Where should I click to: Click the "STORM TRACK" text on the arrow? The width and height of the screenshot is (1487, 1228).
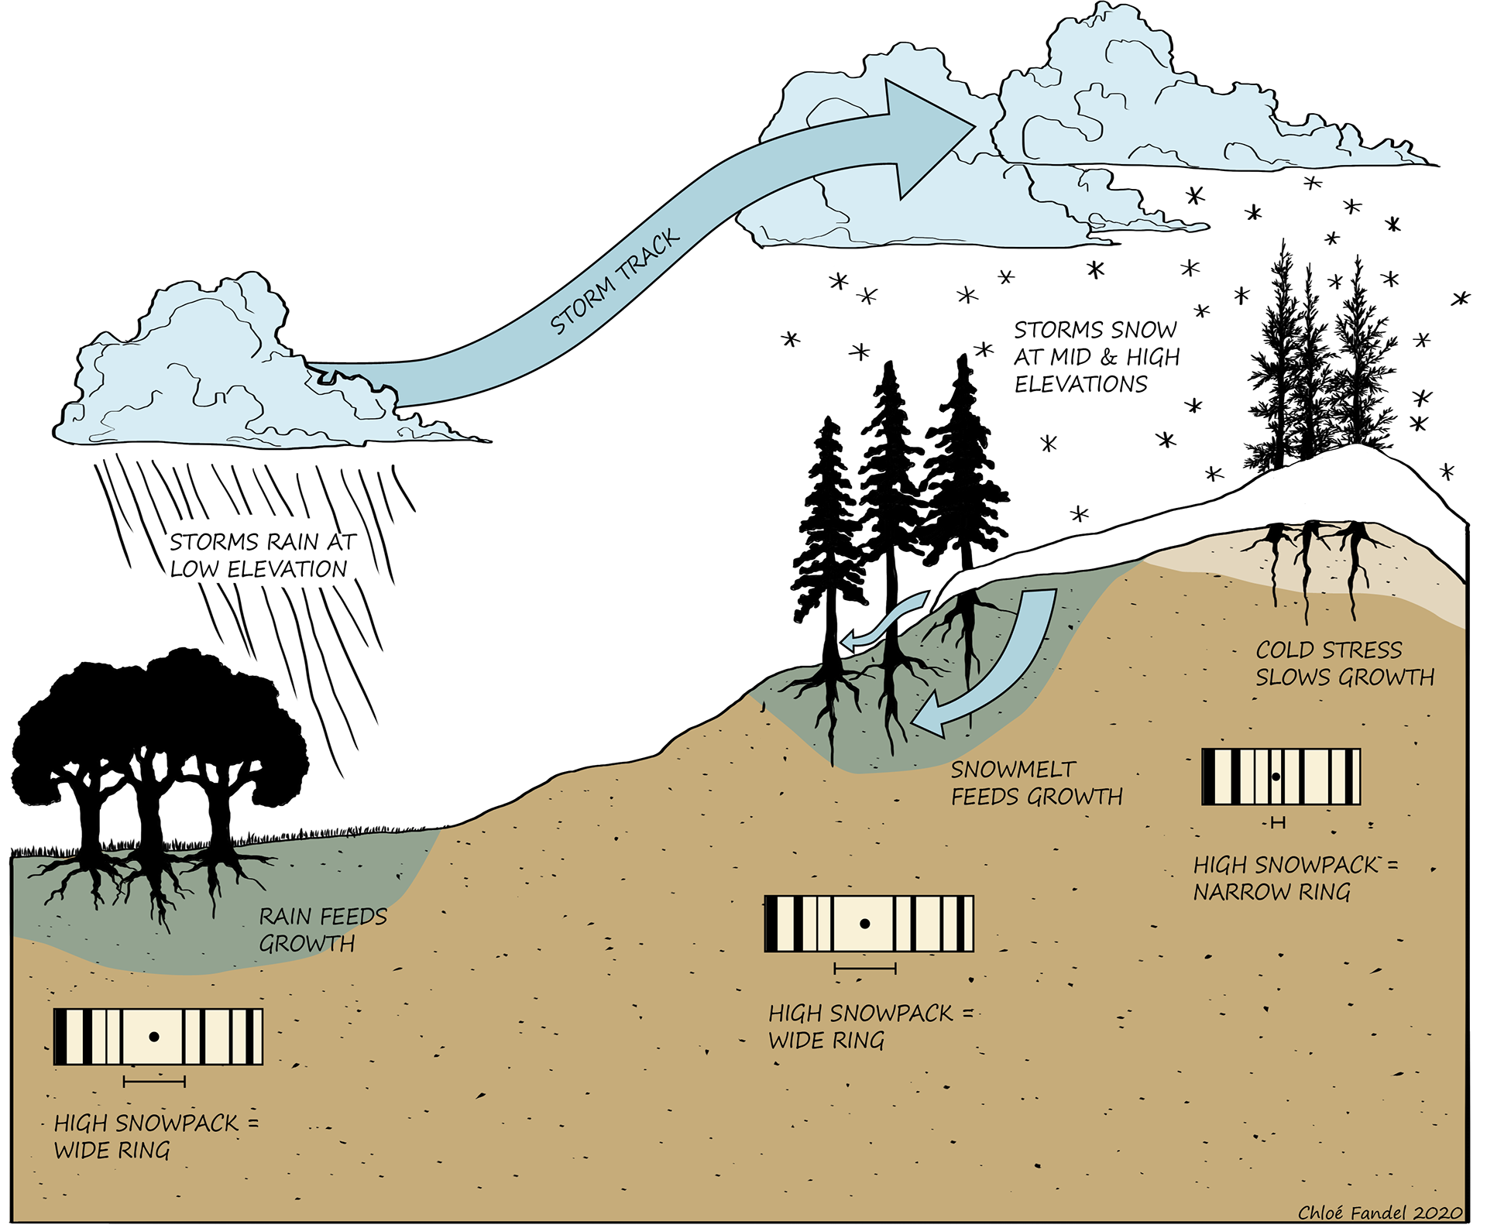615,282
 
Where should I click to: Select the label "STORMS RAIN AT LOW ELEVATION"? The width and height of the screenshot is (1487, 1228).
262,555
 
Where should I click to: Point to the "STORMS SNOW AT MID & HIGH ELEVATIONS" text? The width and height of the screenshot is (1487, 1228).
1096,357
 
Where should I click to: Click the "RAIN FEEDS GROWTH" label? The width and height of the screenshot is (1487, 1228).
321,930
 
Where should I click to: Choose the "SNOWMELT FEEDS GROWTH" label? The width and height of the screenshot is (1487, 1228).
1036,783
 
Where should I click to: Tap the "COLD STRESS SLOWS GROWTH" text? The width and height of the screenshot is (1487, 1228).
1344,664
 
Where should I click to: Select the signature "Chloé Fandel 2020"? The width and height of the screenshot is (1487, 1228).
1379,1213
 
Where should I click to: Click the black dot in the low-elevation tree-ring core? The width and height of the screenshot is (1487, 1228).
154,1037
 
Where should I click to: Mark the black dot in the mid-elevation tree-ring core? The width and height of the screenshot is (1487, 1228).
865,924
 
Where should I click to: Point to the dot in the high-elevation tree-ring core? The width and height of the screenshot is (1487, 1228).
1276,777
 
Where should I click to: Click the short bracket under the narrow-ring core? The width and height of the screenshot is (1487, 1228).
1278,822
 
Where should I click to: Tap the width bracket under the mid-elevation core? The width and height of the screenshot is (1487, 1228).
865,968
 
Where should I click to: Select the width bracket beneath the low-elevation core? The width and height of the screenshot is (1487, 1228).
154,1082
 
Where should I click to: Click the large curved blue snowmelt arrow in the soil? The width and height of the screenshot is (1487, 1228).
1007,666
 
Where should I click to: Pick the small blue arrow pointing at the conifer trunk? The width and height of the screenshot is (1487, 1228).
887,619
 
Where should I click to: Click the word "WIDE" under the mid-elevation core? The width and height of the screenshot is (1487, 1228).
798,1041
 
